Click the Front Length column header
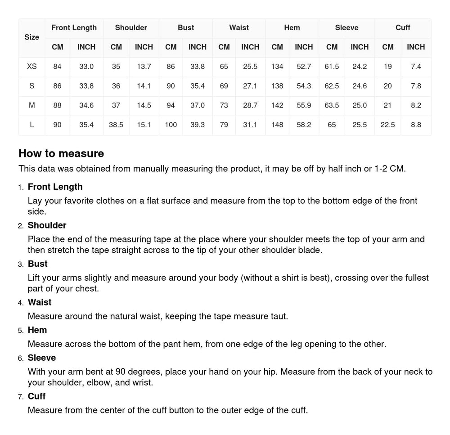click(x=74, y=28)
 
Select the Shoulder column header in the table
click(x=131, y=28)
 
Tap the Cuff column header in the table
click(x=403, y=28)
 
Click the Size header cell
click(x=31, y=37)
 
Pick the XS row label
click(x=31, y=67)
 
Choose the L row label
click(x=31, y=125)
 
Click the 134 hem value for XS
click(x=277, y=67)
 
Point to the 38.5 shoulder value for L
click(x=116, y=125)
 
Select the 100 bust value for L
click(x=171, y=125)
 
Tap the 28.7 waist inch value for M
click(x=250, y=105)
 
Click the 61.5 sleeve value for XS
click(x=332, y=67)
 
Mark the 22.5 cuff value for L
click(x=387, y=125)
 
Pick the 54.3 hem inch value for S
click(x=304, y=86)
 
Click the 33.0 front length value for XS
click(x=86, y=67)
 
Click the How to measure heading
click(x=61, y=153)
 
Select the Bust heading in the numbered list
click(x=37, y=264)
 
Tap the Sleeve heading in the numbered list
click(x=42, y=358)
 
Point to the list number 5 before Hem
click(x=21, y=331)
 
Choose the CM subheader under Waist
click(x=224, y=47)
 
